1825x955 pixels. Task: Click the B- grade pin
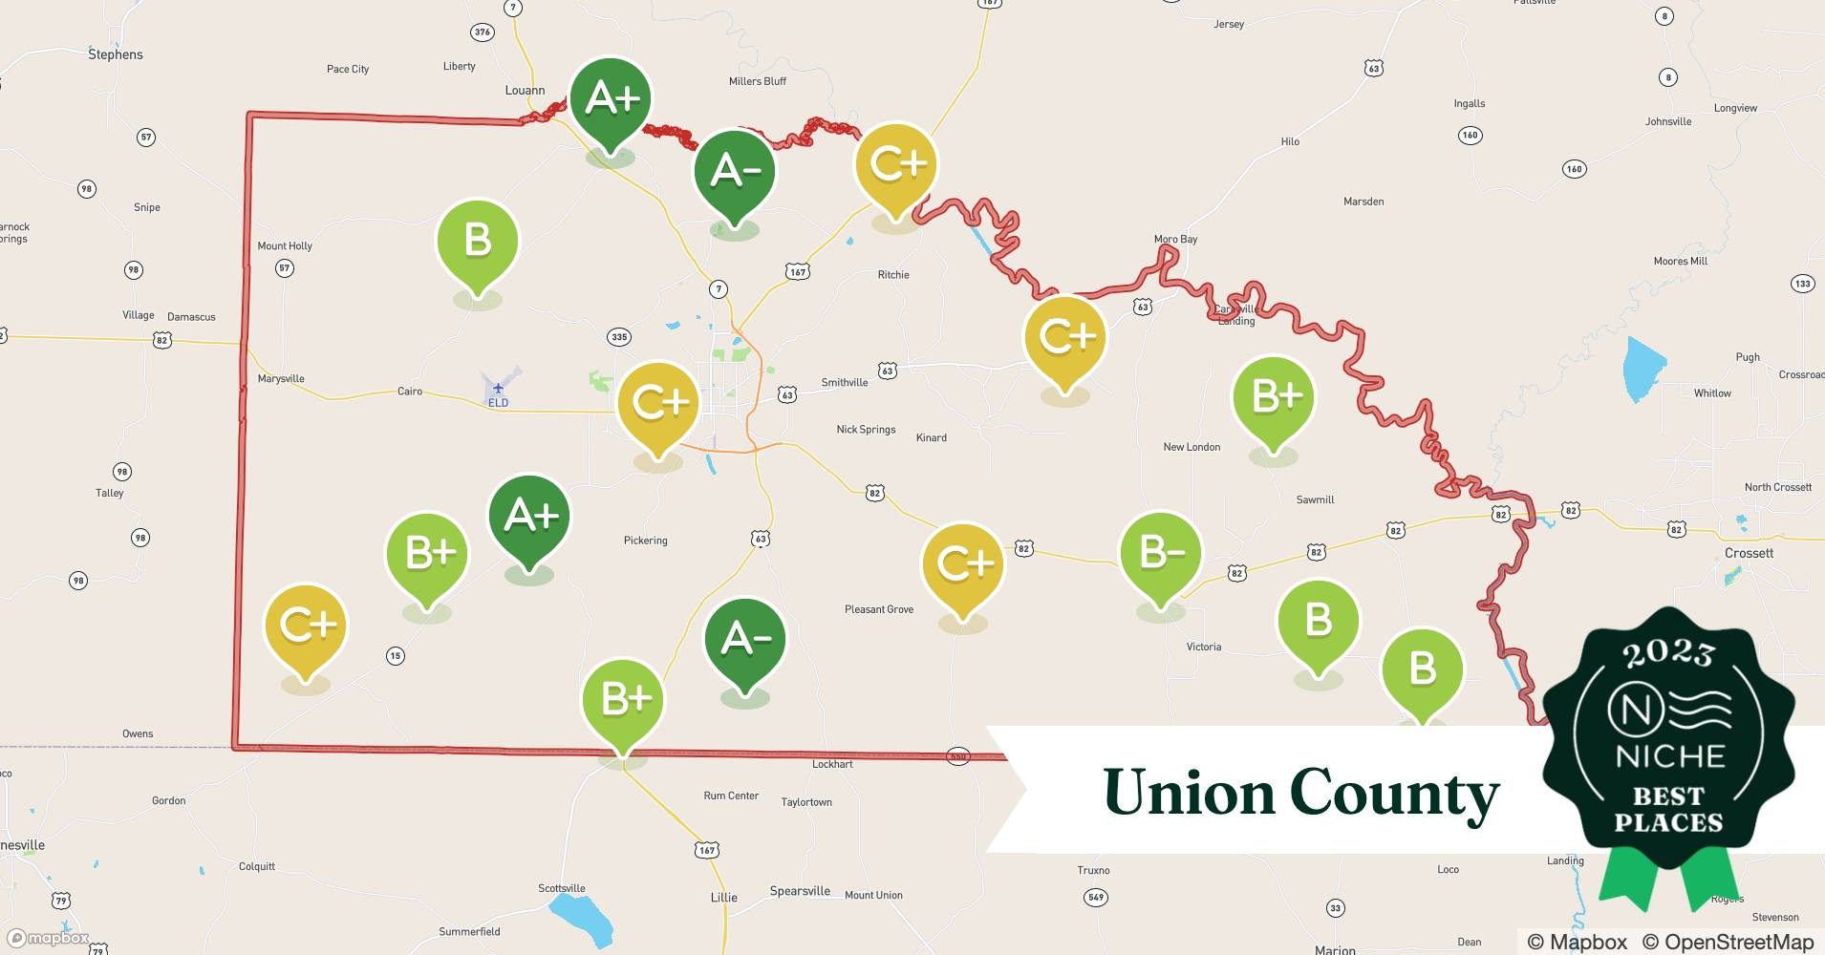click(1160, 554)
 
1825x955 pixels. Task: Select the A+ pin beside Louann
click(611, 99)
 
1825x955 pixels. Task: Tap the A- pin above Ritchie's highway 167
click(735, 172)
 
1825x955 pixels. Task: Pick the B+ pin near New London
click(1273, 397)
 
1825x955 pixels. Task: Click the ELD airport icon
click(498, 389)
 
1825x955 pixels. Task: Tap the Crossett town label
click(1749, 553)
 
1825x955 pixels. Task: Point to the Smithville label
click(845, 383)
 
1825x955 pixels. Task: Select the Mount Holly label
click(285, 246)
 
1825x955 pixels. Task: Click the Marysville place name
click(281, 379)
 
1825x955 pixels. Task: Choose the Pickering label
click(646, 541)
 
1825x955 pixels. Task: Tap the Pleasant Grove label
click(879, 609)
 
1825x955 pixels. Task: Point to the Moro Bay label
click(1175, 240)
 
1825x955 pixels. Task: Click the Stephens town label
click(116, 54)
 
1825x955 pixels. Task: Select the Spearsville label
click(800, 891)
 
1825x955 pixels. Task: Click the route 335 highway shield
click(619, 337)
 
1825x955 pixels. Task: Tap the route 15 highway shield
click(396, 656)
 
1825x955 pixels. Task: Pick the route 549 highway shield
click(1096, 898)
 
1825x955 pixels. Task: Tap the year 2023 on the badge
click(1668, 653)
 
